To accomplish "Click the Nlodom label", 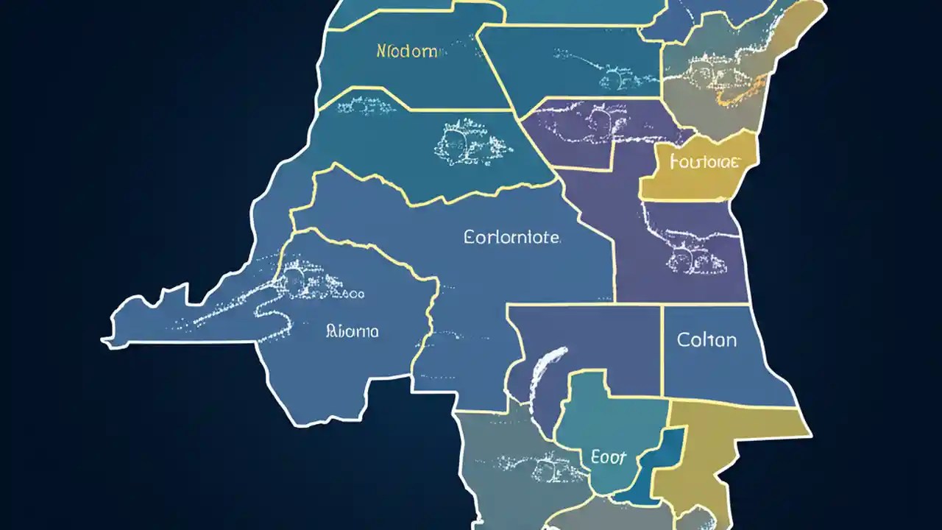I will click(x=407, y=52).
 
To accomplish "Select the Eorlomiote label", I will click(x=512, y=238).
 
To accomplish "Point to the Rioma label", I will click(x=352, y=331).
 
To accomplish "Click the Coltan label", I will click(x=706, y=340).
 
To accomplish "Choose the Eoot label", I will click(x=609, y=457).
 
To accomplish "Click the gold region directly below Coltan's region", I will click(x=729, y=442).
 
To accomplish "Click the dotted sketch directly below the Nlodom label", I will click(x=366, y=107).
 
